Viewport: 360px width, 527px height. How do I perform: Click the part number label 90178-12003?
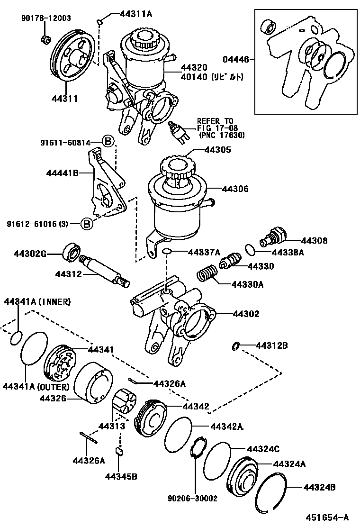click(x=46, y=18)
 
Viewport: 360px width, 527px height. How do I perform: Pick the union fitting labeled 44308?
click(x=271, y=236)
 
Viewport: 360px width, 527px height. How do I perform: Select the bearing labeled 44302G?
click(x=72, y=251)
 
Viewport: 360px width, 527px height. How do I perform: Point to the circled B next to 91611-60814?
click(x=108, y=141)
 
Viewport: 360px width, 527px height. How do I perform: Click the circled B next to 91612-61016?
click(x=86, y=224)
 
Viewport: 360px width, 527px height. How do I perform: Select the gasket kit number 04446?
click(x=235, y=60)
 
